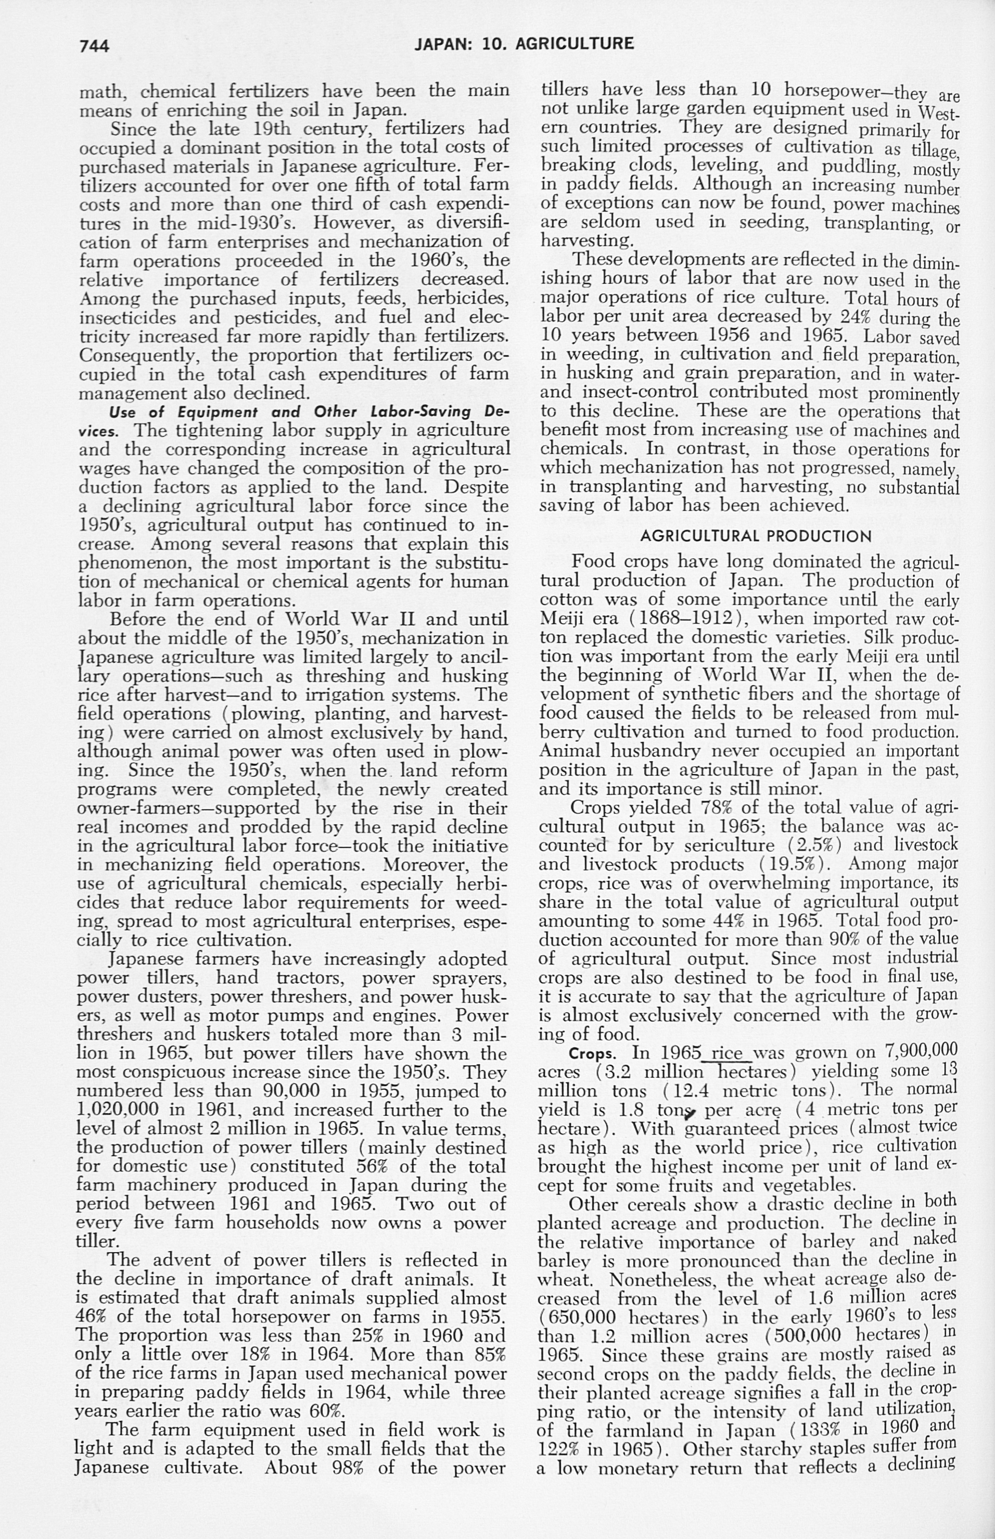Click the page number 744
pos(94,46)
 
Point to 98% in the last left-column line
pos(349,1467)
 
